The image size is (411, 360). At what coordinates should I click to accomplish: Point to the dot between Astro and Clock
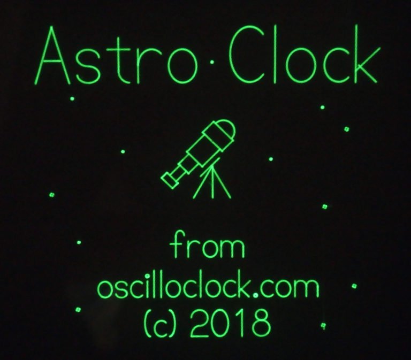click(214, 64)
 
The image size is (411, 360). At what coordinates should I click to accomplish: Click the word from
click(208, 247)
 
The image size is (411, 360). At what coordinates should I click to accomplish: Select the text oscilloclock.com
click(208, 288)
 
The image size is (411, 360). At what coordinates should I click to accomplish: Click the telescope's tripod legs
click(213, 182)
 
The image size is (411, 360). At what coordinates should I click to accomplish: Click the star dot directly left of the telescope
click(123, 152)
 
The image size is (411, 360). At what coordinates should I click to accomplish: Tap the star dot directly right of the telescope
click(271, 159)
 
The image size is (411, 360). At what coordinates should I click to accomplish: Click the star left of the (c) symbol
click(78, 310)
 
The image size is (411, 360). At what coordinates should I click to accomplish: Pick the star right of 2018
click(323, 325)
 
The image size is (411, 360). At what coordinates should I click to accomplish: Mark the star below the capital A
click(73, 99)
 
